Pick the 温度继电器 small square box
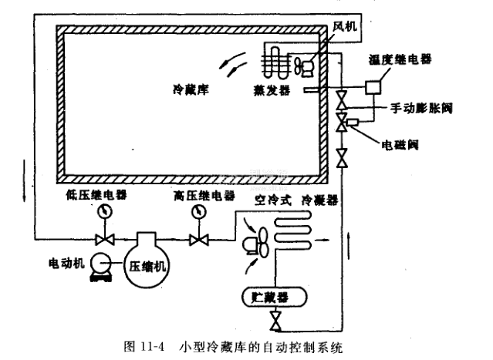[x=374, y=88]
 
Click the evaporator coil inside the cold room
[x=271, y=59]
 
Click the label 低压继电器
[x=95, y=193]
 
